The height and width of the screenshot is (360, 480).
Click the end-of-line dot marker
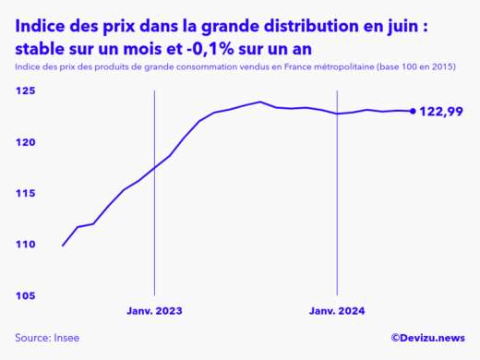(412, 112)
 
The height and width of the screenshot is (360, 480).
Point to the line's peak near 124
(260, 102)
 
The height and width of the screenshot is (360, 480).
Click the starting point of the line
(63, 246)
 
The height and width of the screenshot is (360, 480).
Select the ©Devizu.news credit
(428, 339)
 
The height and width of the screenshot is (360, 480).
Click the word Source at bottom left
(33, 339)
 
